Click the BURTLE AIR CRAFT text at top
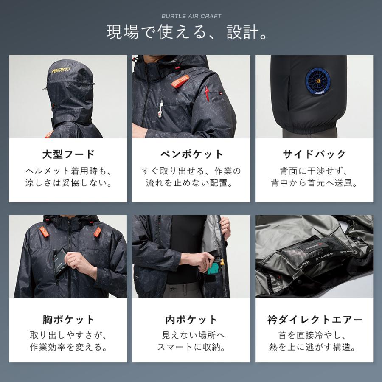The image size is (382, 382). click(191, 16)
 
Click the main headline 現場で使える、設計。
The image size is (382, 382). click(191, 33)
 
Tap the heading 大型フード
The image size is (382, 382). click(68, 154)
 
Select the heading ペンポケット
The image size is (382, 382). click(191, 154)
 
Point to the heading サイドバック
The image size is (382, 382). click(314, 154)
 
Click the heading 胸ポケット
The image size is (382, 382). click(68, 320)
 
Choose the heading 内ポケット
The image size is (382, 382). click(191, 320)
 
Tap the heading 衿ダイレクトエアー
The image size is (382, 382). click(314, 320)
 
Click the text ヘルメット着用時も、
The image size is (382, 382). click(68, 171)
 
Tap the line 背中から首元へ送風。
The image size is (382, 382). click(314, 183)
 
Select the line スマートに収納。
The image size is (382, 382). click(191, 348)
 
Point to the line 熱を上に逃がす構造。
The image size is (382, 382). click(314, 348)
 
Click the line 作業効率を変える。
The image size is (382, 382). click(68, 348)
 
